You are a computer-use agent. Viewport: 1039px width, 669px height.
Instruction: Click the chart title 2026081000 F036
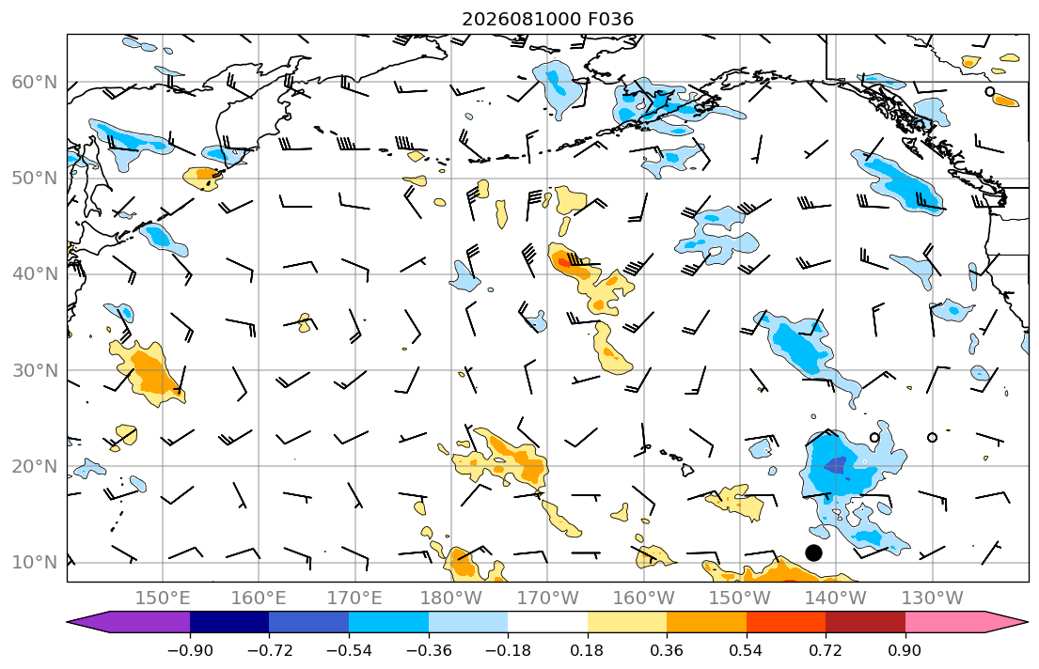[x=547, y=19]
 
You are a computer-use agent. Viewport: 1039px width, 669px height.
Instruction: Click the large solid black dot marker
[x=813, y=552]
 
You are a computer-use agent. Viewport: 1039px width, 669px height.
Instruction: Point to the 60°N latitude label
[x=35, y=82]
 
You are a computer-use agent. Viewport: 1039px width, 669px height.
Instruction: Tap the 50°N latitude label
[x=35, y=179]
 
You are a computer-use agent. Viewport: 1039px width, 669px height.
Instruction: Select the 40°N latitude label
[x=35, y=273]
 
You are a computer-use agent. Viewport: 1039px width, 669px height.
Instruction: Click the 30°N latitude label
[x=35, y=370]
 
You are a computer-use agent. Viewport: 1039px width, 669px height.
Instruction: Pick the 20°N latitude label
[x=35, y=466]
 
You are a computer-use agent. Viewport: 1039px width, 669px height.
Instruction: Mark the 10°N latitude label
[x=35, y=563]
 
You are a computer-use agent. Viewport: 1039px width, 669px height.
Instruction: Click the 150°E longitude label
[x=163, y=599]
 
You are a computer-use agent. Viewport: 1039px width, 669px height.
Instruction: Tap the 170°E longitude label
[x=355, y=599]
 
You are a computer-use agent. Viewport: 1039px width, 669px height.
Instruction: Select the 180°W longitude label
[x=451, y=599]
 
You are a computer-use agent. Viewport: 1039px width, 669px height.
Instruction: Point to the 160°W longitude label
[x=643, y=599]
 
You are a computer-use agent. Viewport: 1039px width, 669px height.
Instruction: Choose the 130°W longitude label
[x=933, y=599]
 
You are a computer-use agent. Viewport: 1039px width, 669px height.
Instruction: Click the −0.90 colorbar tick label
[x=190, y=650]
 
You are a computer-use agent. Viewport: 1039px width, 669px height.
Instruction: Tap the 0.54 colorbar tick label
[x=747, y=650]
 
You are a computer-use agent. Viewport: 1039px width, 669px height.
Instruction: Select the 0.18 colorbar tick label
[x=587, y=650]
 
